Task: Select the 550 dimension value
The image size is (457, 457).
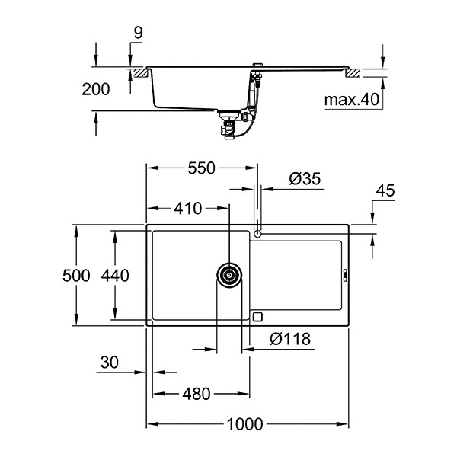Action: pos(202,169)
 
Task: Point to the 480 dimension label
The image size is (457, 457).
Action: pos(197,394)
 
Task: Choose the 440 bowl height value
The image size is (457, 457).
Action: pos(115,275)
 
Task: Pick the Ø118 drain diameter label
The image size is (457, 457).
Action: pos(290,340)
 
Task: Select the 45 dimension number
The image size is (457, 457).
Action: pos(385,190)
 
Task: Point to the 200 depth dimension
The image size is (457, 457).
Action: pos(95,89)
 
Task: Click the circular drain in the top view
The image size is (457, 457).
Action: pos(229,275)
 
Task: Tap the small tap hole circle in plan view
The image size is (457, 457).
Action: pos(260,232)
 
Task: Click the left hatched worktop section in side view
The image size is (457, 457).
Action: pos(141,73)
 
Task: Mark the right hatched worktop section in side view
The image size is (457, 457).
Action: pos(354,73)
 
